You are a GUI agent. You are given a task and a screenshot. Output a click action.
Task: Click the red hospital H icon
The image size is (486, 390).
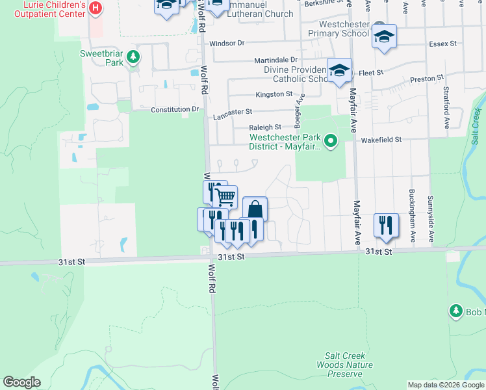click(x=96, y=8)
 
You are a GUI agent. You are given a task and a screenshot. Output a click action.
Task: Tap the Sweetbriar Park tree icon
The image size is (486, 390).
click(x=133, y=57)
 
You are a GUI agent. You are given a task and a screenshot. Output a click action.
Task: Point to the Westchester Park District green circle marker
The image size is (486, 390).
click(x=331, y=140)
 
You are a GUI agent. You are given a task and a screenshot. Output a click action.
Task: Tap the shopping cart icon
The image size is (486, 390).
click(x=225, y=196)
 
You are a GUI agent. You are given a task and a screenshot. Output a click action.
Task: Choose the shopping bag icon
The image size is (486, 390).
click(x=255, y=209)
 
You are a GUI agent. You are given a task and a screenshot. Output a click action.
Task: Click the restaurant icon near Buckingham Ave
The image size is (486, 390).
click(x=387, y=225)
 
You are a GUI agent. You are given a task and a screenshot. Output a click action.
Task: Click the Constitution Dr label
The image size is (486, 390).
click(x=175, y=110)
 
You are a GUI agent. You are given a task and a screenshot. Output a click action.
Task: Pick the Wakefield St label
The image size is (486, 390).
click(x=381, y=139)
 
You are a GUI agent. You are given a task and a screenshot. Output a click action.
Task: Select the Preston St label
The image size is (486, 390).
click(x=426, y=80)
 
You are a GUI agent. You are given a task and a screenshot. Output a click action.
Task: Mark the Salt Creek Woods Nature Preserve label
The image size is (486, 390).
click(x=344, y=365)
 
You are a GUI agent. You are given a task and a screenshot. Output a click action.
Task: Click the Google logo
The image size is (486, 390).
click(x=21, y=382)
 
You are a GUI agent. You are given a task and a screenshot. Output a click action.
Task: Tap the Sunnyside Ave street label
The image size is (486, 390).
click(x=430, y=206)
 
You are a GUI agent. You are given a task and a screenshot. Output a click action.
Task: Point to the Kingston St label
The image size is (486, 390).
click(x=274, y=94)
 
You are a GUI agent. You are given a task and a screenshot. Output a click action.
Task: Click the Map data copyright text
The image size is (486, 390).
click(x=444, y=385)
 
